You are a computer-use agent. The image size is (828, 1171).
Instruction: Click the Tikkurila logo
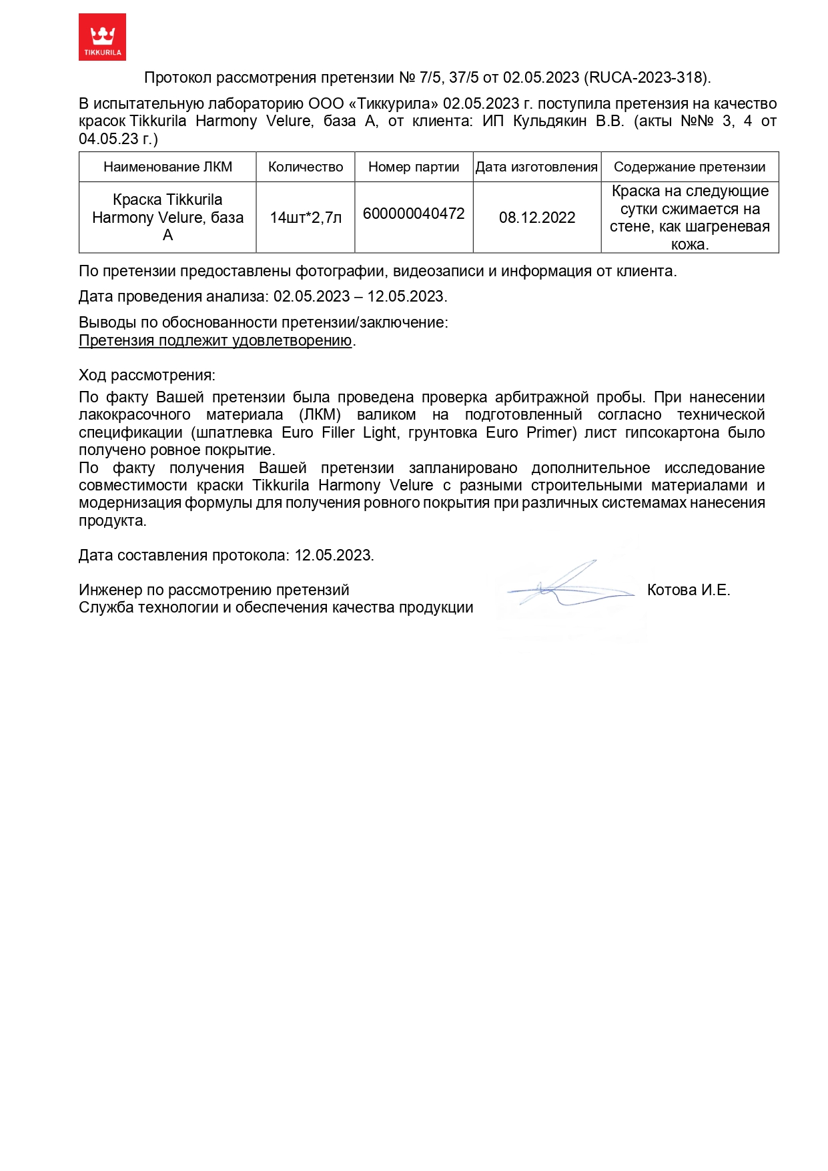(x=102, y=37)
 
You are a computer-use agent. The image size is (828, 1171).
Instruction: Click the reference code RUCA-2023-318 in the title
(x=645, y=77)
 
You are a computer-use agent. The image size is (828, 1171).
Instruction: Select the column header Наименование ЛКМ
(x=167, y=167)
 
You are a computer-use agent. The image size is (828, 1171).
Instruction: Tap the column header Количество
(x=306, y=167)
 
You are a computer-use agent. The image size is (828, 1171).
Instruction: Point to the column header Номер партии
(x=414, y=167)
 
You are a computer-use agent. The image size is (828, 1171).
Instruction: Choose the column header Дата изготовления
(x=536, y=167)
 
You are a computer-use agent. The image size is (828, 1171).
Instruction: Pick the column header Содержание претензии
(x=689, y=167)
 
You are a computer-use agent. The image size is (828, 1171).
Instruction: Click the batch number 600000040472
(x=414, y=214)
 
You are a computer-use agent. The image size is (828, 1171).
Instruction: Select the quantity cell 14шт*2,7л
(x=306, y=218)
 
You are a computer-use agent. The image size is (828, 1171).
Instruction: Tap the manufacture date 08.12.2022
(x=537, y=218)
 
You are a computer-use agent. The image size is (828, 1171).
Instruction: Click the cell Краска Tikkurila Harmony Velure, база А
(x=167, y=218)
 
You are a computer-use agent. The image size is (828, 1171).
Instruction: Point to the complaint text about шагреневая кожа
(x=689, y=218)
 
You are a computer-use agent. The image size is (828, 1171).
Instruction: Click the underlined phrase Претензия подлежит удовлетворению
(x=215, y=340)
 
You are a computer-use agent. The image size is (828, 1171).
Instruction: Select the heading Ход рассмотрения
(x=147, y=375)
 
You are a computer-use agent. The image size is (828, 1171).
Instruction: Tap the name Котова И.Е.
(x=689, y=590)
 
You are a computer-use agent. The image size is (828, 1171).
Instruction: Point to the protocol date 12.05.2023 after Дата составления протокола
(x=334, y=555)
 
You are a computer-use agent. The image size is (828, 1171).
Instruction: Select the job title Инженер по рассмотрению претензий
(x=214, y=590)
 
